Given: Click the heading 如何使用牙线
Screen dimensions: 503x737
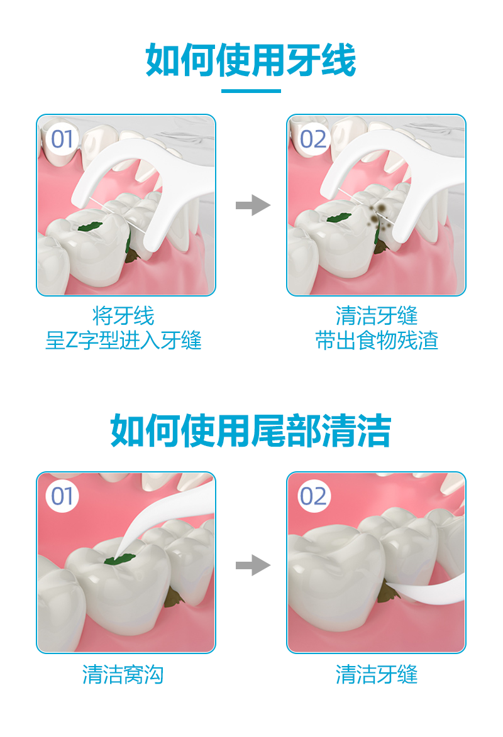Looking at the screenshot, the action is tap(251, 60).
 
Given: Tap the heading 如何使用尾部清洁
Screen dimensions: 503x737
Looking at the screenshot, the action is tap(251, 430).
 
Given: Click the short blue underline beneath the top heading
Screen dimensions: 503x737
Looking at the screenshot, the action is tap(251, 90).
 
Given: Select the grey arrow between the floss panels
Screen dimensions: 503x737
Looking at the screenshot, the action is tap(253, 205).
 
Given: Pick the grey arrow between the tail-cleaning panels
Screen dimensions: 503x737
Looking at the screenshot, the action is tap(253, 565).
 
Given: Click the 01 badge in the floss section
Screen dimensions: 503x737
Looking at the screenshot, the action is tap(62, 139).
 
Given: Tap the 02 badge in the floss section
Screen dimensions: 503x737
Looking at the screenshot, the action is tap(313, 139).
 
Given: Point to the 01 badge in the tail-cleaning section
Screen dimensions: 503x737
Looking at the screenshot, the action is tap(62, 496).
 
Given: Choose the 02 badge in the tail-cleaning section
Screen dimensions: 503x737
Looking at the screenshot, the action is tap(313, 496).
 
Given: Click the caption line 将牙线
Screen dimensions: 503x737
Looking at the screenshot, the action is tap(123, 315).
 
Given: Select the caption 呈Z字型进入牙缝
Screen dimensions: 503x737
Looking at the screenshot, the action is tap(123, 341).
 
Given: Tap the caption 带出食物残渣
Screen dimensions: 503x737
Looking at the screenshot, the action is tap(377, 341).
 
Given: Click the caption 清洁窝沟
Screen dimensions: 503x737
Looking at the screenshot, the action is tap(123, 675).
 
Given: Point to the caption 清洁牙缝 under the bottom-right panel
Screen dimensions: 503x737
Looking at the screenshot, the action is tap(377, 675).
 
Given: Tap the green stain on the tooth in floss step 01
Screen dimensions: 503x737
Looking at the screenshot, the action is tap(91, 227).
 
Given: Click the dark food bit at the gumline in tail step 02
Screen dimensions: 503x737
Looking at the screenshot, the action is tap(387, 591).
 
